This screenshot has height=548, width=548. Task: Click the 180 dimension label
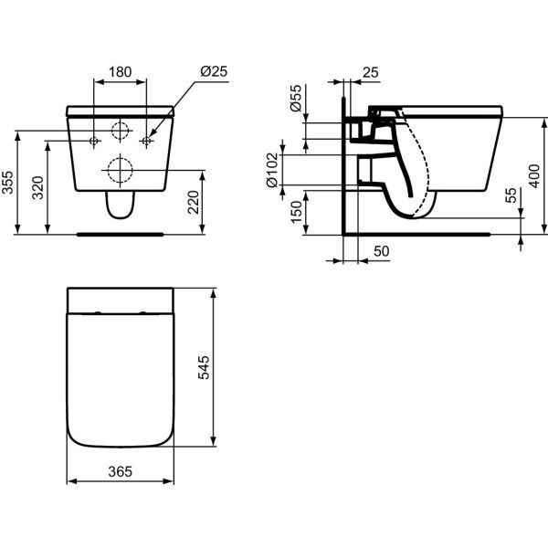(121, 72)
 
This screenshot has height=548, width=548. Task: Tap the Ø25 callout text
(214, 71)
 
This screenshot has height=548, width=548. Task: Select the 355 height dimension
(7, 182)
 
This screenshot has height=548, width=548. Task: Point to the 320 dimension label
(37, 187)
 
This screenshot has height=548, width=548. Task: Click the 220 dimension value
(194, 202)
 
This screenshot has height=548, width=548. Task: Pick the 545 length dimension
(204, 367)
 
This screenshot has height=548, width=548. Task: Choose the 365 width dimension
(121, 471)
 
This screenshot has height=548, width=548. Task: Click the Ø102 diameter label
(272, 170)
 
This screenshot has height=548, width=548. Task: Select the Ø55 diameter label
(296, 98)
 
